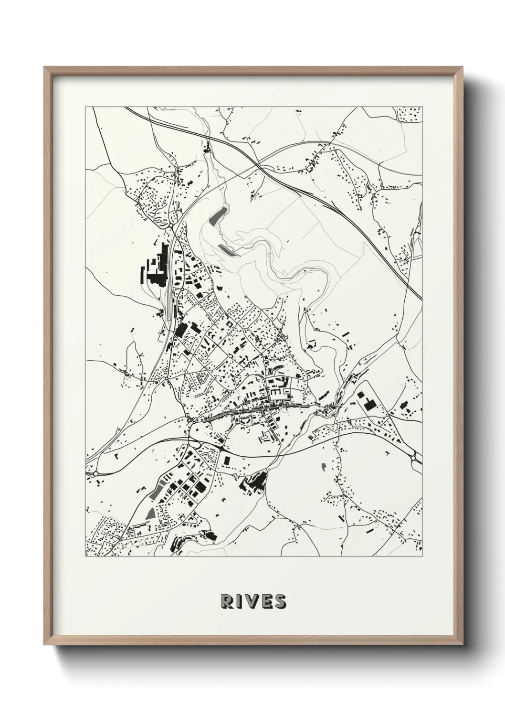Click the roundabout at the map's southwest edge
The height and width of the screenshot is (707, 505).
coord(96,473)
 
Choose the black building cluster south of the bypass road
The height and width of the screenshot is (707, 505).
coord(253,481)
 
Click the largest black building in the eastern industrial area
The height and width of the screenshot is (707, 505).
coord(368,403)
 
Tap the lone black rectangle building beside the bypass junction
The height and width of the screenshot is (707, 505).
coord(226,459)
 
